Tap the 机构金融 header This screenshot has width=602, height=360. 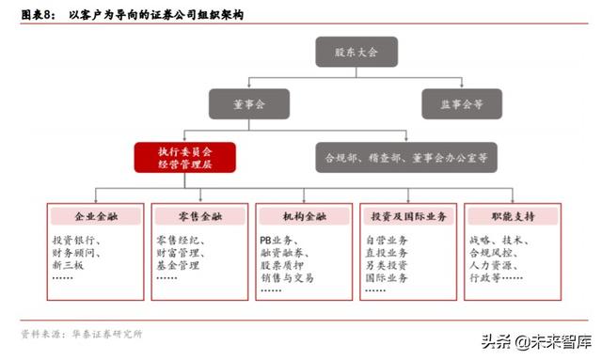(x=305, y=217)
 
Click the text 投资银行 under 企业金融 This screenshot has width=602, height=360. (x=75, y=242)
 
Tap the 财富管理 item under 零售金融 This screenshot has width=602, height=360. (x=180, y=254)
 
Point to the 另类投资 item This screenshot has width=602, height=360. (x=386, y=266)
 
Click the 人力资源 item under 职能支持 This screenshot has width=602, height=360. (x=489, y=266)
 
